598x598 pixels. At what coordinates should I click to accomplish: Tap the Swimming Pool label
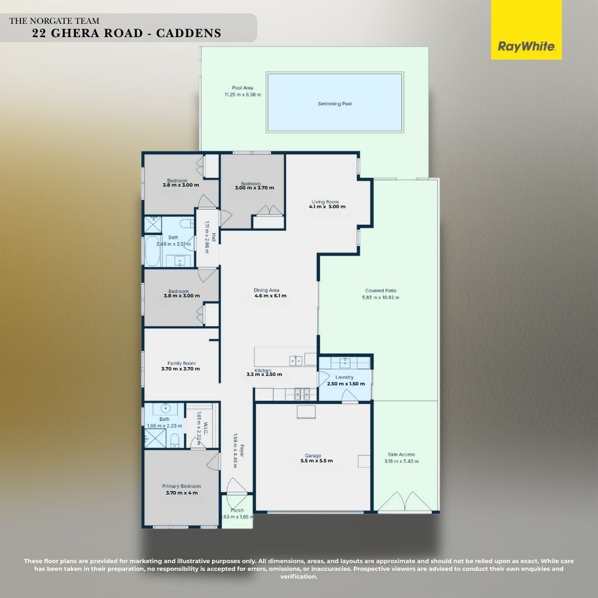(334, 104)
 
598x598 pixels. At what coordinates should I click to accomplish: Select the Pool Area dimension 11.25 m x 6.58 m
(243, 95)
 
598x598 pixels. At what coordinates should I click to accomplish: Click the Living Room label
(324, 202)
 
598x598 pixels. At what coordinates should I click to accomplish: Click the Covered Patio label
(380, 290)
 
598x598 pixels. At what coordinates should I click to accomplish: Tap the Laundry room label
(344, 377)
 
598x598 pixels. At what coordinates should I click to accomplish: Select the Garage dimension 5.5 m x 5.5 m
(316, 461)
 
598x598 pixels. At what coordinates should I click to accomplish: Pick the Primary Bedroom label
(181, 486)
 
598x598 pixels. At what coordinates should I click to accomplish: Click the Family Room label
(181, 363)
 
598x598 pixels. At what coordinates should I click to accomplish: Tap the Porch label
(237, 511)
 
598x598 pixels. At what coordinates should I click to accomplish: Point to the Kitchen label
(262, 370)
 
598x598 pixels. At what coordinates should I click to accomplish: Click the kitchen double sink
(295, 361)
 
